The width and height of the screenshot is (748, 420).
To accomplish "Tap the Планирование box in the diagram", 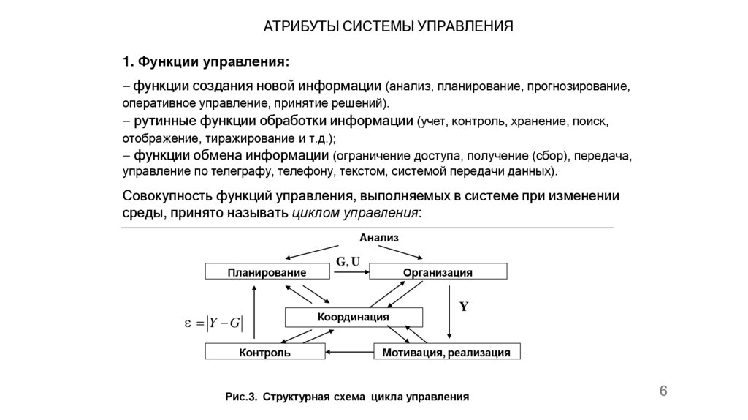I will tap(267, 272).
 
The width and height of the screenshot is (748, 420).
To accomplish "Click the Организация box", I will tap(438, 272).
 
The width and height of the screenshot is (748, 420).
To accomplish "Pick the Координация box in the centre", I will tap(353, 317).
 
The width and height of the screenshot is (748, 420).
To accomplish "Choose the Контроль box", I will tap(264, 353).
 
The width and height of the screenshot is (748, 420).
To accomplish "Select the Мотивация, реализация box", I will tap(446, 353).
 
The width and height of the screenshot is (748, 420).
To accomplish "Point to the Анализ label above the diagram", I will tap(379, 238).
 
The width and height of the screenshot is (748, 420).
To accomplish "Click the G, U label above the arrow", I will tap(348, 260).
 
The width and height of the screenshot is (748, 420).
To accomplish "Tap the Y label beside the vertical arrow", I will tap(463, 307).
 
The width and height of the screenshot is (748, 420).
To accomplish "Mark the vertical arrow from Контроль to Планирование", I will tap(253, 312).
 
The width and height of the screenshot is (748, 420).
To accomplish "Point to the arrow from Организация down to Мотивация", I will tap(448, 311).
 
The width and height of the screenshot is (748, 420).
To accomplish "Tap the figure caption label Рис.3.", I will tap(240, 397).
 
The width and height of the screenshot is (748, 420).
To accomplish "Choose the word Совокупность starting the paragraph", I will tap(167, 197).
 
